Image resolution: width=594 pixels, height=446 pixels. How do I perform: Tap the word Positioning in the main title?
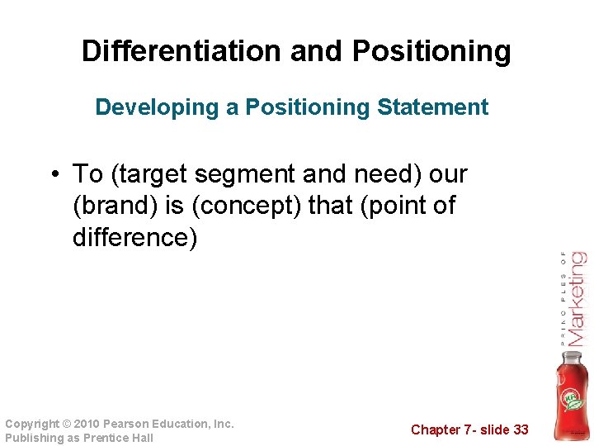point(431,51)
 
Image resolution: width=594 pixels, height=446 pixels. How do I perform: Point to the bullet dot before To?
point(54,175)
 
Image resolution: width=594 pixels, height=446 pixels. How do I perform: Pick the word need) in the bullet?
point(384,175)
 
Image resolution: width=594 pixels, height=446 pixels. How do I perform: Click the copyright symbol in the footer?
point(68,424)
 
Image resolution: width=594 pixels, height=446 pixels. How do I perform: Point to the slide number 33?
point(519,429)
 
